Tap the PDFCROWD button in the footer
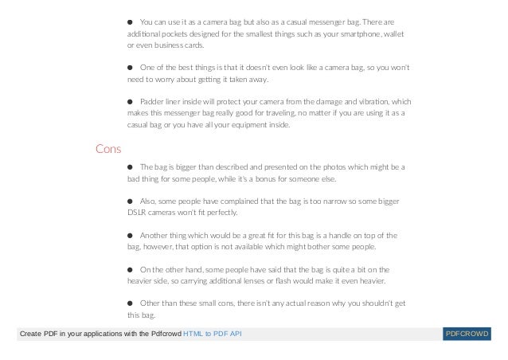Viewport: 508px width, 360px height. [x=468, y=332]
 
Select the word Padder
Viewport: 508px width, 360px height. [x=150, y=102]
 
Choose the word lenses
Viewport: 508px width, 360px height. [x=226, y=281]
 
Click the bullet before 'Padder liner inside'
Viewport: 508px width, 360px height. [x=131, y=102]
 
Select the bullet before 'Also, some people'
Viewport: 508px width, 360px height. [x=131, y=202]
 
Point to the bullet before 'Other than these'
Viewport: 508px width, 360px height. [x=131, y=304]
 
